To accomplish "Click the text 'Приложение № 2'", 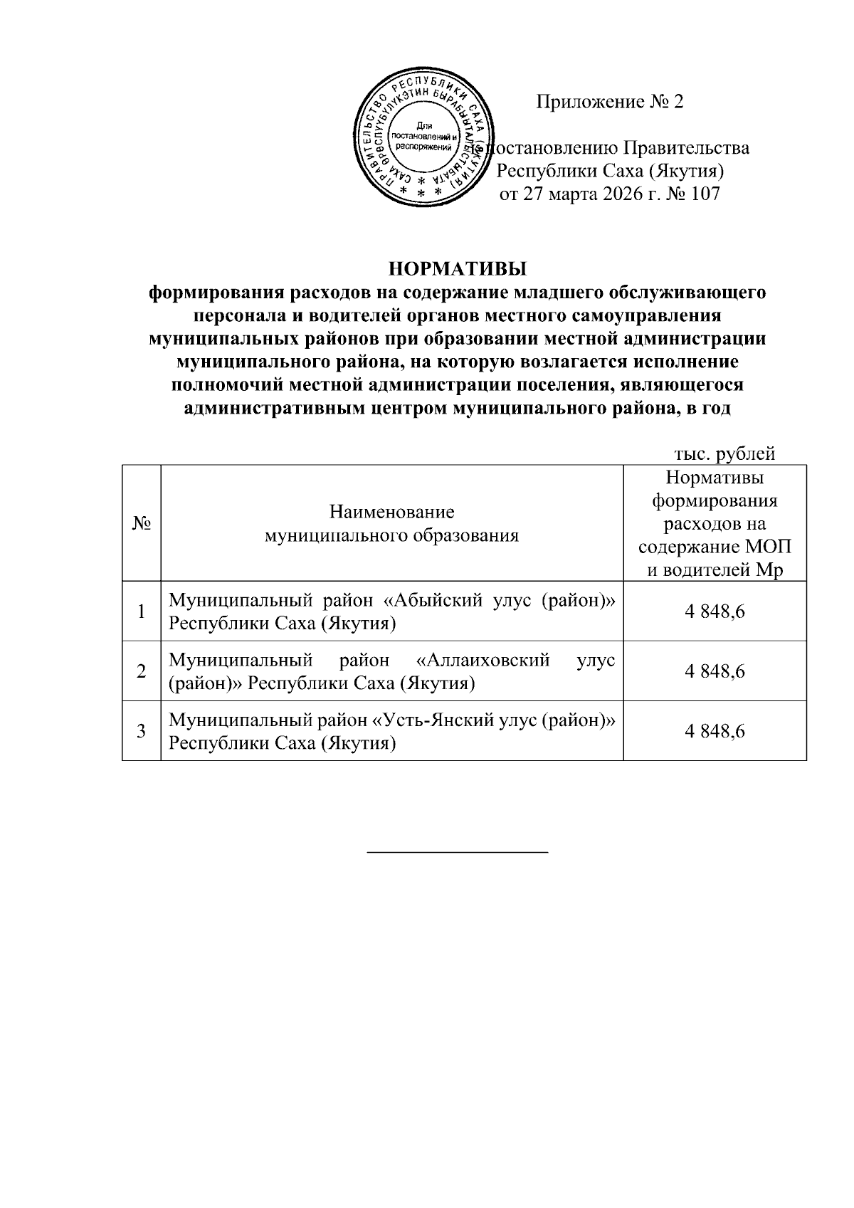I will (x=609, y=103).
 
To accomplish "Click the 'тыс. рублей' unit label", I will (x=724, y=453).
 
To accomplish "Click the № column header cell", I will (x=142, y=522).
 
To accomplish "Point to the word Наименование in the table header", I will (x=391, y=512).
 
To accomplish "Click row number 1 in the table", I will (x=142, y=611).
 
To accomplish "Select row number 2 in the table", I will (x=142, y=671).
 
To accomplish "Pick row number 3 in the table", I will (x=142, y=731).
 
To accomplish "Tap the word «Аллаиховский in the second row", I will (x=483, y=660).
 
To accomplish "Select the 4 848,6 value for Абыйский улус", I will (x=715, y=611).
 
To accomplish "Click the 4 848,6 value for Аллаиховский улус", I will (x=715, y=671).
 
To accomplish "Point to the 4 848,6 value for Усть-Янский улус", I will (x=715, y=731).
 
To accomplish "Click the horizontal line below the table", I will (x=457, y=851).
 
